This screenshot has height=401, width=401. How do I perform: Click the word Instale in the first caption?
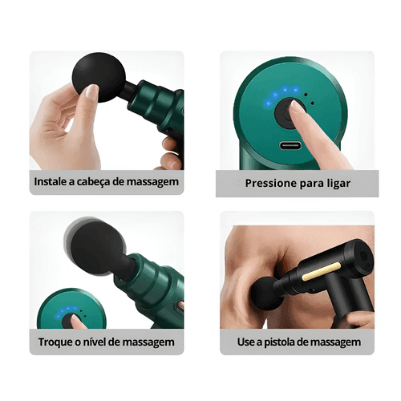click(51, 182)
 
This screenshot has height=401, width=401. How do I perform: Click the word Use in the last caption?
click(246, 342)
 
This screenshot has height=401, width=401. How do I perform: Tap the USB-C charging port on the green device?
click(290, 146)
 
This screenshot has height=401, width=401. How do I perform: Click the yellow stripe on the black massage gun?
click(322, 271)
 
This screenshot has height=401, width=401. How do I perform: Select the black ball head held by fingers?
click(99, 77)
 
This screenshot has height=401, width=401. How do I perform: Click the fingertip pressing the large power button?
click(296, 107)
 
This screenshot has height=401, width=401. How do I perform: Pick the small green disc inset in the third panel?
click(71, 309)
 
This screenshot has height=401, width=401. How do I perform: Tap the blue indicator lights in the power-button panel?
click(281, 94)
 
